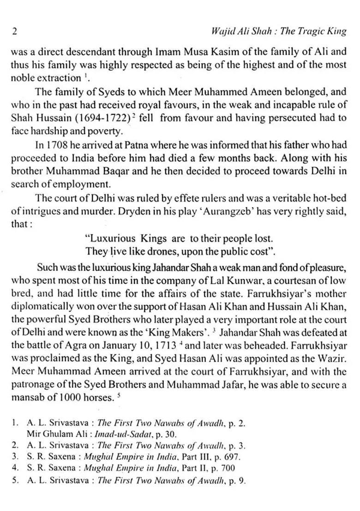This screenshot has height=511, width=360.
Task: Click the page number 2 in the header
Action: tap(14, 32)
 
